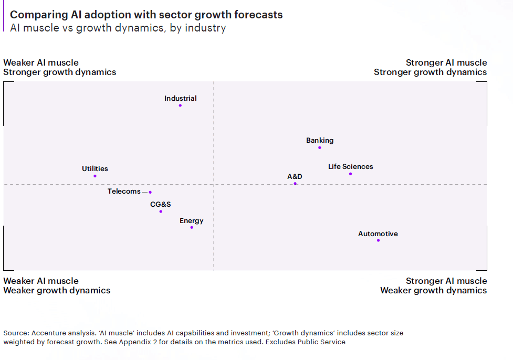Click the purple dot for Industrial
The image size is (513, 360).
(x=180, y=105)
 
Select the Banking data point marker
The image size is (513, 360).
(x=320, y=148)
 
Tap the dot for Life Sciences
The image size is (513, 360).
(x=350, y=174)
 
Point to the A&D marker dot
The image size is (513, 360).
(x=295, y=184)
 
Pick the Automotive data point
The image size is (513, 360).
(x=378, y=240)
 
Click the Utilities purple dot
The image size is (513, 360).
(x=95, y=176)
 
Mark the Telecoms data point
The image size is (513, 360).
(x=150, y=192)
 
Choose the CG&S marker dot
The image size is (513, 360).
(x=161, y=211)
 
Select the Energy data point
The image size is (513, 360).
(x=192, y=227)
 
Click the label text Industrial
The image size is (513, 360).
(x=180, y=98)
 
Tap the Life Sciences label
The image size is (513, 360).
(x=350, y=166)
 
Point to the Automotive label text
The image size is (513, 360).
(x=378, y=234)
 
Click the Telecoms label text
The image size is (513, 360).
(x=124, y=192)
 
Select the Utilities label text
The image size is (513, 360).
(x=95, y=168)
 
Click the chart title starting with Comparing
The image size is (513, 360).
(x=146, y=15)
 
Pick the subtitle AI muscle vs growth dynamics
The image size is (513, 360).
(x=118, y=28)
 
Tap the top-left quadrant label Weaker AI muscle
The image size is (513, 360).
(x=41, y=62)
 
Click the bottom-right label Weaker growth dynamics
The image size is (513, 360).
(x=433, y=290)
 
